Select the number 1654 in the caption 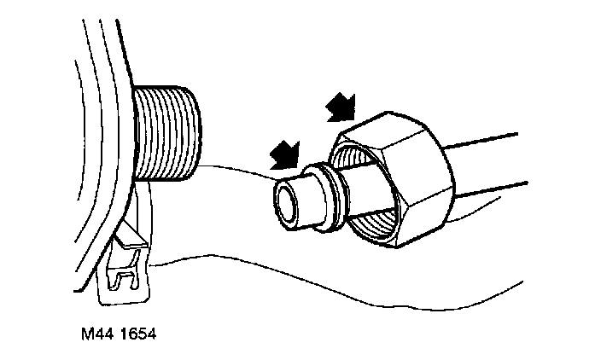[134, 330]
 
